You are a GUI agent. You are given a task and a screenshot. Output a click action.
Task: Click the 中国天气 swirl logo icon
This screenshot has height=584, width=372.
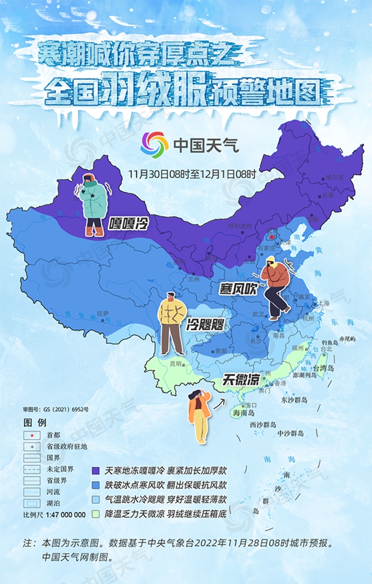(155, 146)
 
